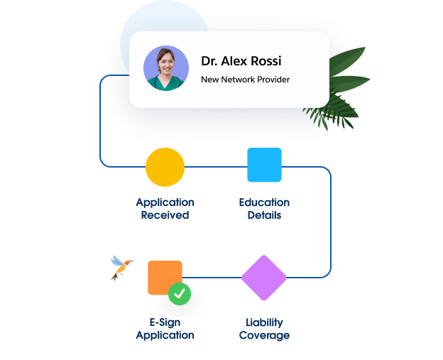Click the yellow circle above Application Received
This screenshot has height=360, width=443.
(x=165, y=168)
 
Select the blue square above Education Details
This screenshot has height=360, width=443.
(x=264, y=165)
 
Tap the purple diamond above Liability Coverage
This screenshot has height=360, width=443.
(x=263, y=277)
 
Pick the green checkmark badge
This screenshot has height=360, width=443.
(x=180, y=293)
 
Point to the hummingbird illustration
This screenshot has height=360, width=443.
(x=121, y=268)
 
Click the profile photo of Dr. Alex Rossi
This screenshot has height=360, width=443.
(x=166, y=69)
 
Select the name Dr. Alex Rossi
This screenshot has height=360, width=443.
(x=241, y=61)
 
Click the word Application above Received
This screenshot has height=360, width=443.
(x=165, y=202)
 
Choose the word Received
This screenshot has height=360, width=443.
(x=165, y=215)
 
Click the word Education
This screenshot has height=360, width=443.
(x=264, y=202)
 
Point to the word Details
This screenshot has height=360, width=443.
(x=264, y=215)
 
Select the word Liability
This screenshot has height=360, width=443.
(x=264, y=322)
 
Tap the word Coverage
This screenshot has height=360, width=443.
(x=264, y=335)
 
